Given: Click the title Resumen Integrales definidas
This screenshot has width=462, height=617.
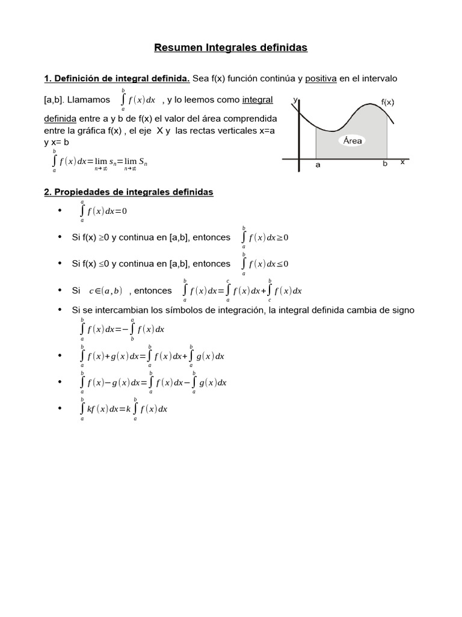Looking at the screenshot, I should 231,48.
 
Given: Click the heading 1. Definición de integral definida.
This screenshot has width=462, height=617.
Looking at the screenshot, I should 117,79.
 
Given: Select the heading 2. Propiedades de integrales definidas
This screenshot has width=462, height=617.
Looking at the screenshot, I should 129,192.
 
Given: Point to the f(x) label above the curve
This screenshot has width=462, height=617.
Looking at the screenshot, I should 387,102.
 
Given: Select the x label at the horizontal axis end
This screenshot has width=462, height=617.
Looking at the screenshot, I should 402,162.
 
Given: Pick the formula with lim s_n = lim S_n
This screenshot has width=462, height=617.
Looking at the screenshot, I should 100,161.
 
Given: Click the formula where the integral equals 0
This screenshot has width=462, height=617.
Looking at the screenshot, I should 103,211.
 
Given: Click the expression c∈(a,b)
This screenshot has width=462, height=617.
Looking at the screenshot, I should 105,291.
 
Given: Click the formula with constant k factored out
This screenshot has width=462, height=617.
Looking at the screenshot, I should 123,409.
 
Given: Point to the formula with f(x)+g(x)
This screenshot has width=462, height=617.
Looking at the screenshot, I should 152,356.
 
